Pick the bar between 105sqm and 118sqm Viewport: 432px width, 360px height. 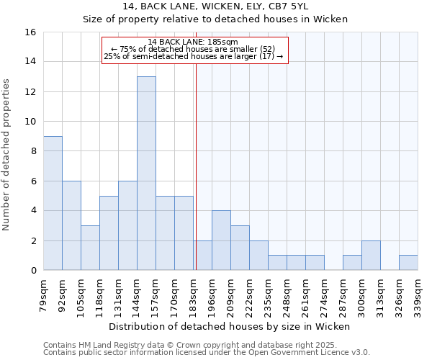(x=90, y=248)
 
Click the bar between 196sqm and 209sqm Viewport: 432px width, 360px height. (x=221, y=240)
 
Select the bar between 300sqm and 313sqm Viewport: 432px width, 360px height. (x=371, y=256)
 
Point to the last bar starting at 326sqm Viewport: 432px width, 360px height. (x=408, y=263)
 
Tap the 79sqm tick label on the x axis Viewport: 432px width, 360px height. (x=44, y=296)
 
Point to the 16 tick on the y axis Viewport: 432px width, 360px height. (x=30, y=32)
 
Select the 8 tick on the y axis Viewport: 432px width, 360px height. (x=33, y=151)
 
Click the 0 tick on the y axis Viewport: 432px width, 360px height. (x=33, y=271)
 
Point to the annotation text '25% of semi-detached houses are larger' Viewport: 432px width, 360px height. (x=194, y=56)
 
